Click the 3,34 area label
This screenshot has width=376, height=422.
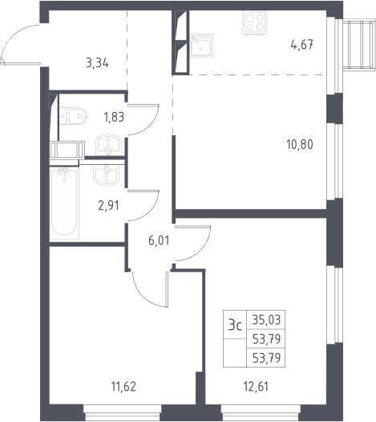coord(97,63)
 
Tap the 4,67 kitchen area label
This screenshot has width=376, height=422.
coord(302,44)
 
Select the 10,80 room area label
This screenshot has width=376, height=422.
coord(300,144)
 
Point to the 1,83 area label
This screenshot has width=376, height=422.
coord(114,117)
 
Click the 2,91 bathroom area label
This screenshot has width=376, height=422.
coord(108,206)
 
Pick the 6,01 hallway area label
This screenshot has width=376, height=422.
coord(159,240)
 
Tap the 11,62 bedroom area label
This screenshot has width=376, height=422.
coord(123,387)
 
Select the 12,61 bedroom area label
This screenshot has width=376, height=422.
coord(256,387)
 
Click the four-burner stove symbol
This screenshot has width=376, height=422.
coord(254,22)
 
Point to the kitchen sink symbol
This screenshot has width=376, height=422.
coord(201,46)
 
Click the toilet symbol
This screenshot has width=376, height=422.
coord(73,116)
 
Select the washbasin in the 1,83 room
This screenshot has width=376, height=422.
coord(108,145)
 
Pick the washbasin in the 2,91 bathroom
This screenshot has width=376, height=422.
coord(106,175)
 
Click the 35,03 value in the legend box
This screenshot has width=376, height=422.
coord(266,320)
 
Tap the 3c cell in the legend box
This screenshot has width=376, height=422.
coord(235,325)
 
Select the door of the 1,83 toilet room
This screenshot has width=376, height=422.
coord(144,119)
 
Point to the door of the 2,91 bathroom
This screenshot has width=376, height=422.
coord(144,206)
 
